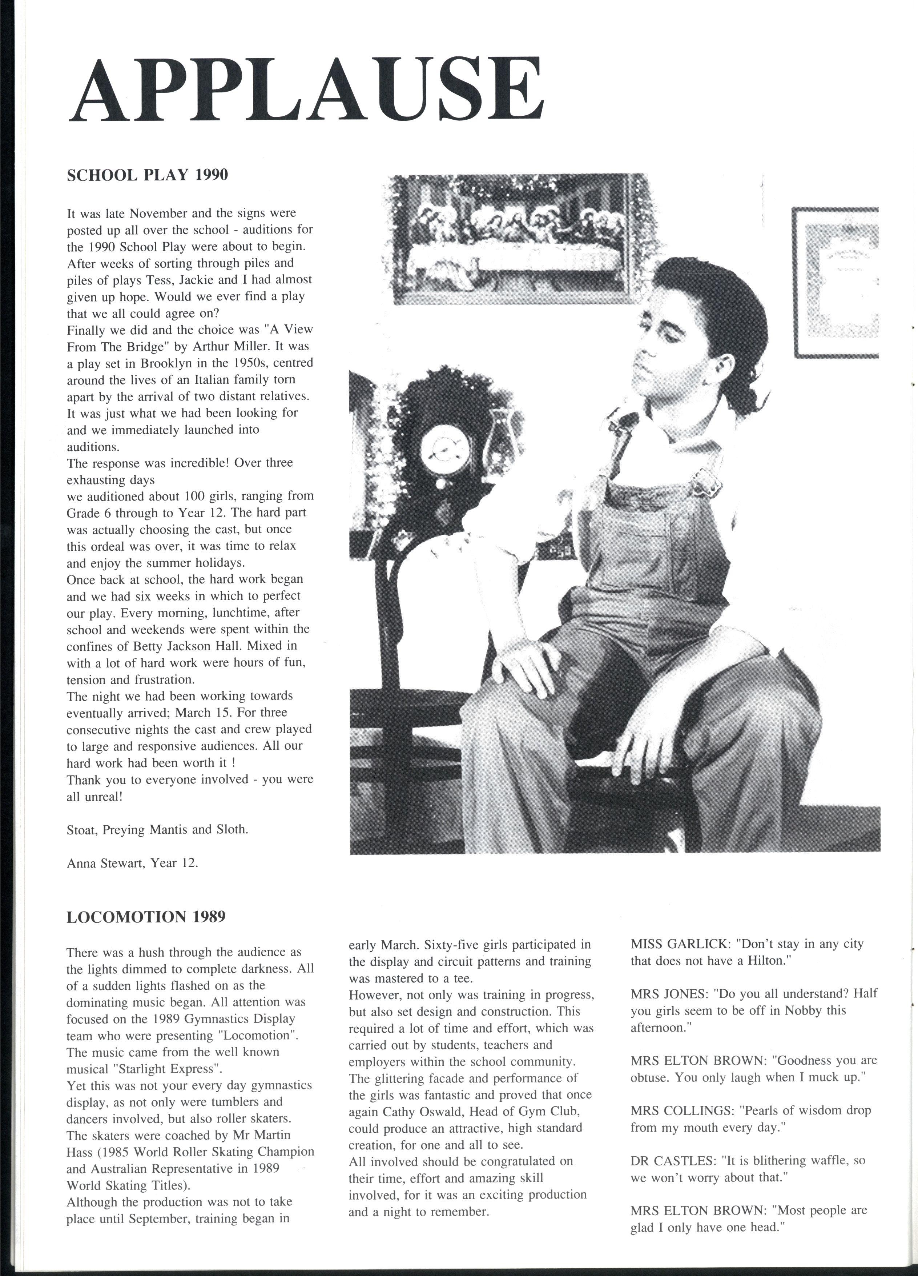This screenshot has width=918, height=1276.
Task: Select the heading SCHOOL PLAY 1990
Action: click(147, 175)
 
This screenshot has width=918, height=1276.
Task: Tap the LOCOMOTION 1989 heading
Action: click(146, 917)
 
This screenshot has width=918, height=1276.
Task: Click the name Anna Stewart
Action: click(104, 862)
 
